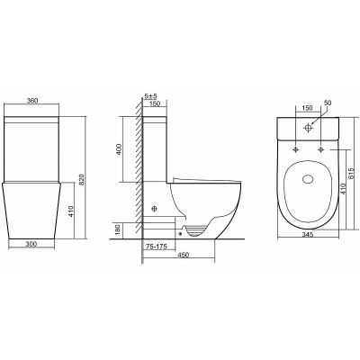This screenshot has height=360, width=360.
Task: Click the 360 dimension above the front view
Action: click(x=32, y=101)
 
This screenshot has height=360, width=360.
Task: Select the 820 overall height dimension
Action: click(x=83, y=179)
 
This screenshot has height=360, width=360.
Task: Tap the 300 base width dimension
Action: click(x=31, y=244)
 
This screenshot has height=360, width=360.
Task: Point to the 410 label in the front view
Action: click(x=71, y=211)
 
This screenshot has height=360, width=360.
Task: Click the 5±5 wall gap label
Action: click(x=151, y=96)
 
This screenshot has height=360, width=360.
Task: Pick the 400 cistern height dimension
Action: click(x=119, y=149)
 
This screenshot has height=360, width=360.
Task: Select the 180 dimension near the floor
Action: click(x=118, y=229)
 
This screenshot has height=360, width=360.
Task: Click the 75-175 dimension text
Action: click(x=156, y=247)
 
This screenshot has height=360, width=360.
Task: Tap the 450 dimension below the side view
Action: click(x=184, y=255)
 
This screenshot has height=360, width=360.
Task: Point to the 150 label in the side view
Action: click(x=155, y=103)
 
